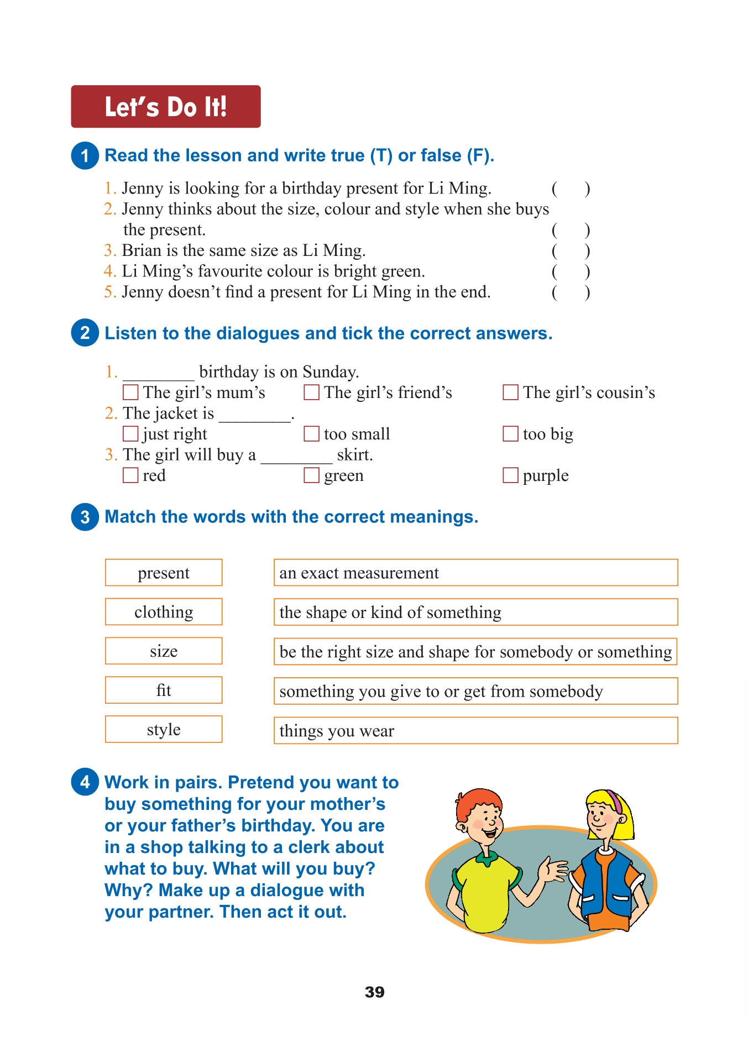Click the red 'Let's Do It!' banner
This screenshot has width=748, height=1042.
[165, 107]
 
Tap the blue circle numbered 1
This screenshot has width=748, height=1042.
[85, 155]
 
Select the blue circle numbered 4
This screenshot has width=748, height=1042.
[85, 782]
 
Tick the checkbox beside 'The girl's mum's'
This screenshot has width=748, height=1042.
[130, 392]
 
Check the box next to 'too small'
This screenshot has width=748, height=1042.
[312, 434]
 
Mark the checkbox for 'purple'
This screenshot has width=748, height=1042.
[510, 475]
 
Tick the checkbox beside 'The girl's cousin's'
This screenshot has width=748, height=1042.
[510, 392]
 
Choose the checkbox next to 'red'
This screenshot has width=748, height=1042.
[130, 475]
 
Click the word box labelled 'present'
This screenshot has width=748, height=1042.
[164, 573]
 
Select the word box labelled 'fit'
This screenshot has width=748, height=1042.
[164, 690]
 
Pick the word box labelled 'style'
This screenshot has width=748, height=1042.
[164, 729]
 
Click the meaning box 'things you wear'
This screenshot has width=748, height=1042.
[475, 730]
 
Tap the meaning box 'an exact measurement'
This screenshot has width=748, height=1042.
[475, 573]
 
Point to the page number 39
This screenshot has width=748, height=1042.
[374, 992]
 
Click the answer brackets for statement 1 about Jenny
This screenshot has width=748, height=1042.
[571, 189]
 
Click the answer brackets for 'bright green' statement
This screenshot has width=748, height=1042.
[571, 271]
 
